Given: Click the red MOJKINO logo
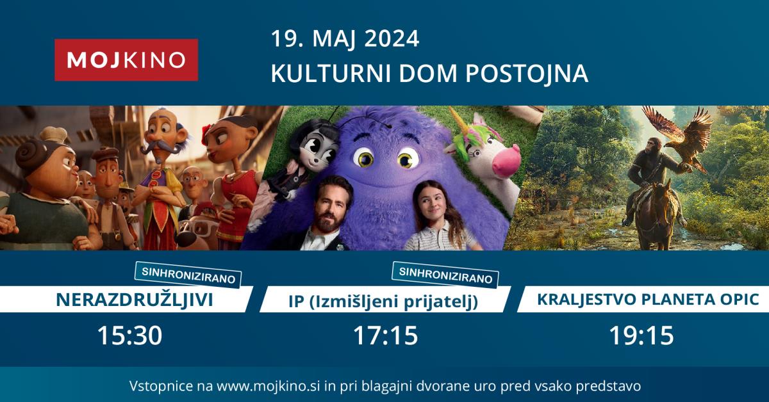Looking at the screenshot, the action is (x=126, y=60).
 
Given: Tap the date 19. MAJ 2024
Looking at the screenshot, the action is (x=345, y=39).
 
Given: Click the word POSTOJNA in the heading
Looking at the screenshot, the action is (x=526, y=73).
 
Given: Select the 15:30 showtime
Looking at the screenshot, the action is (x=129, y=335).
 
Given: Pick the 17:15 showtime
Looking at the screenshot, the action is (x=386, y=335).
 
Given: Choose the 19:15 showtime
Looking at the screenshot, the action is (x=641, y=335).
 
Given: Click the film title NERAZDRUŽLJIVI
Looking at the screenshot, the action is (x=134, y=299).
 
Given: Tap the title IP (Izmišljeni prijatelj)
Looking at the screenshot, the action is (x=383, y=301).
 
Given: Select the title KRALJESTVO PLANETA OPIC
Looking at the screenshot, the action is (x=648, y=299).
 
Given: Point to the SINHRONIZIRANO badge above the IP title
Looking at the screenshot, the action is (x=445, y=275).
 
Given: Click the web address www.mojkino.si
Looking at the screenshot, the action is (x=269, y=386).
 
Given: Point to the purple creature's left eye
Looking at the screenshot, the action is (x=364, y=159).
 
